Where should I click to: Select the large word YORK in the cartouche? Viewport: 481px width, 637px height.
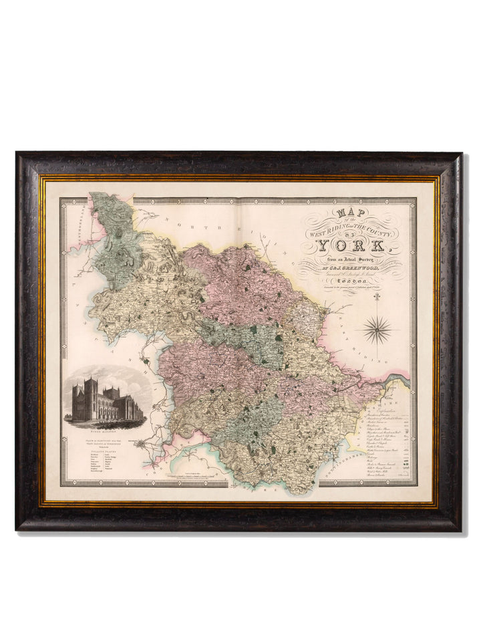tap(351, 246)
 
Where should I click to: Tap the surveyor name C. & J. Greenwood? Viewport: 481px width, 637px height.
tap(352, 269)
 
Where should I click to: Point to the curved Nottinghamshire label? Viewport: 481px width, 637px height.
tap(347, 461)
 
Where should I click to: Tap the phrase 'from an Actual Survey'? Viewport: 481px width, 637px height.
tap(351, 259)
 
